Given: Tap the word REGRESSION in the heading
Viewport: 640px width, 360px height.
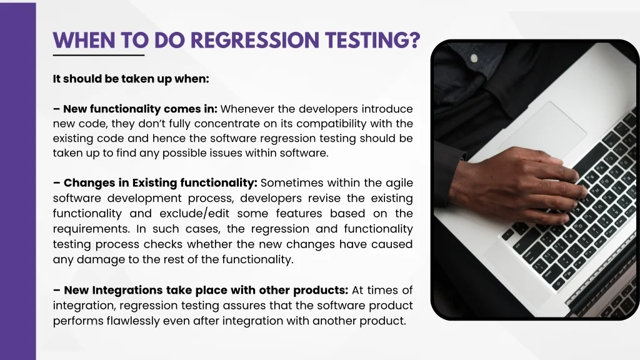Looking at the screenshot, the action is tap(255, 40).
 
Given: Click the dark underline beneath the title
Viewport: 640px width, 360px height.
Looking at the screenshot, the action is tap(99, 55).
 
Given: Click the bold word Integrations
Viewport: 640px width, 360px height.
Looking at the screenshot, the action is tap(127, 291).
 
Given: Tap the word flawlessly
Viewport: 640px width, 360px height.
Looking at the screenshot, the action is tap(133, 321).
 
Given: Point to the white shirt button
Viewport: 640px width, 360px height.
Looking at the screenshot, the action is tap(474, 58).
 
